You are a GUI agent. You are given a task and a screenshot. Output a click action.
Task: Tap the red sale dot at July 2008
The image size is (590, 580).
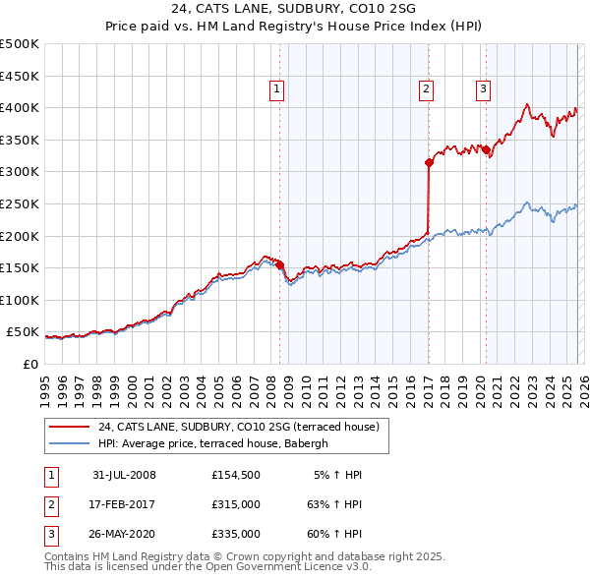(280, 264)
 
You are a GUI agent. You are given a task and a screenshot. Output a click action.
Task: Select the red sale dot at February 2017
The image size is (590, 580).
(429, 162)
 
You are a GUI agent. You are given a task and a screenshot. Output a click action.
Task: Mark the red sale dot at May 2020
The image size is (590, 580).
(486, 149)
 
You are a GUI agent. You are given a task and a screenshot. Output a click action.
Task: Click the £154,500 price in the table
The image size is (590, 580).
(235, 475)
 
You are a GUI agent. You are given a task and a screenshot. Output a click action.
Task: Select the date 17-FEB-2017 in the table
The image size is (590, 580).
(124, 504)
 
